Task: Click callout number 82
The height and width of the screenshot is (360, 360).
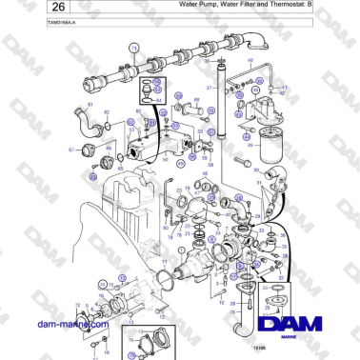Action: [108, 112]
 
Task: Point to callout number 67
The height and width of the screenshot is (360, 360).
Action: [70, 150]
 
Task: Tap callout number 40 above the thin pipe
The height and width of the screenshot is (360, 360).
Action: [250, 60]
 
